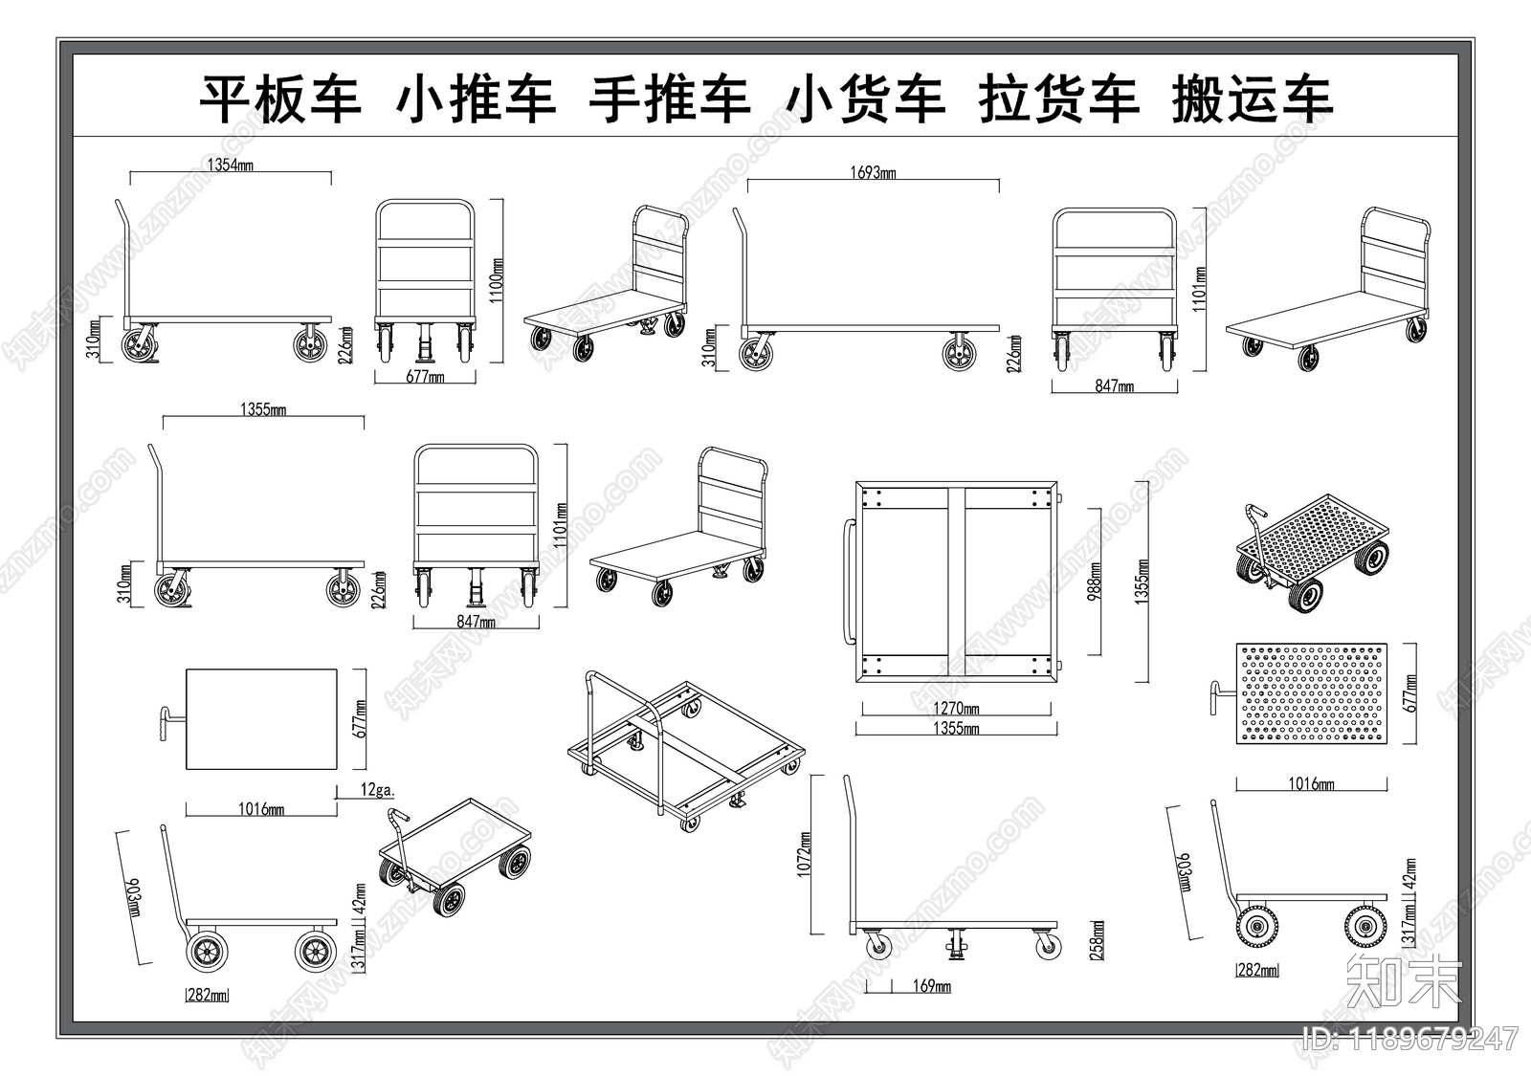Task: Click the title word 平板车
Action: point(279,99)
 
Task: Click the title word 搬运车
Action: point(1252,99)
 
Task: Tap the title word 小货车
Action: point(865,99)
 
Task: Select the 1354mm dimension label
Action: point(231,165)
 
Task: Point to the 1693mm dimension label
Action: point(873,173)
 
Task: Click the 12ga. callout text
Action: point(377,790)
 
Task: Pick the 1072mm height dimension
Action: point(803,853)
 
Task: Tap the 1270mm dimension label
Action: point(957,710)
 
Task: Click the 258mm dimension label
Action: point(1097,940)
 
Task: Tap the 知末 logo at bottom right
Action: point(1404,979)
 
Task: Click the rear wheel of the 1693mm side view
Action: point(959,354)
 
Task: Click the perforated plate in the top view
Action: point(1311,693)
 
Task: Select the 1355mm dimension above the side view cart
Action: point(263,409)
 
